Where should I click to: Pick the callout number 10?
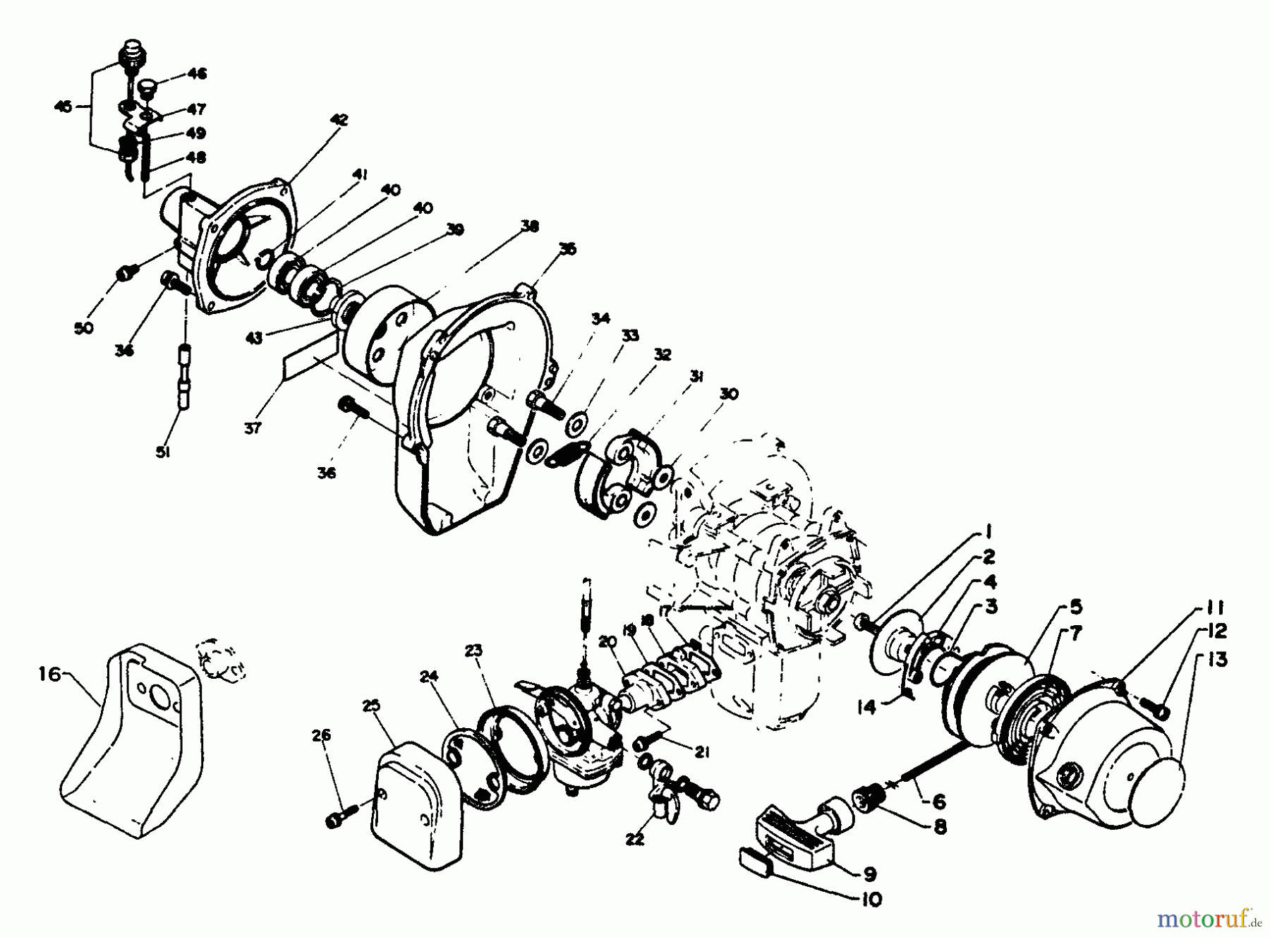[x=873, y=901]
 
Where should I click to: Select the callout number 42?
[x=339, y=120]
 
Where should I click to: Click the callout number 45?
[x=64, y=107]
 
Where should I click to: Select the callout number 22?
[x=635, y=840]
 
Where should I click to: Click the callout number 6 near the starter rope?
[x=938, y=802]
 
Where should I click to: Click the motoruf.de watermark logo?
[x=1208, y=918]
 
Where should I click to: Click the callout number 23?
[x=473, y=650]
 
